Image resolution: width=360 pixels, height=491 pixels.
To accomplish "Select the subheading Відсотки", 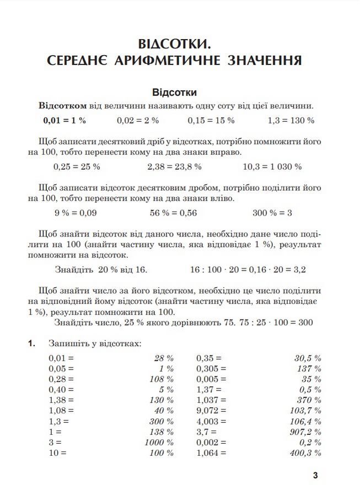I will click(174, 92).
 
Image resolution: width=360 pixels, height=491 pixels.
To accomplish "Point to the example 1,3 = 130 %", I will click(291, 120).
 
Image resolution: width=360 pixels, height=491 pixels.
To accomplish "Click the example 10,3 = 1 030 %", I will click(272, 166).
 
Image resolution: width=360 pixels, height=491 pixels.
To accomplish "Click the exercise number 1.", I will click(31, 343).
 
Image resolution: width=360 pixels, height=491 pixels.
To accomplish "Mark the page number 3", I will click(315, 475).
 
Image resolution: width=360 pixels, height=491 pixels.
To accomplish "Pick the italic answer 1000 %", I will click(159, 443).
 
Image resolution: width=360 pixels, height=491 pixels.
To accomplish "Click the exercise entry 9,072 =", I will click(212, 411).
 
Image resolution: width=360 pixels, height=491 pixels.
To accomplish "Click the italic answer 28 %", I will click(164, 358).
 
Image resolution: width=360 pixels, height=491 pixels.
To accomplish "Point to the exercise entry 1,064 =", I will click(212, 453).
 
